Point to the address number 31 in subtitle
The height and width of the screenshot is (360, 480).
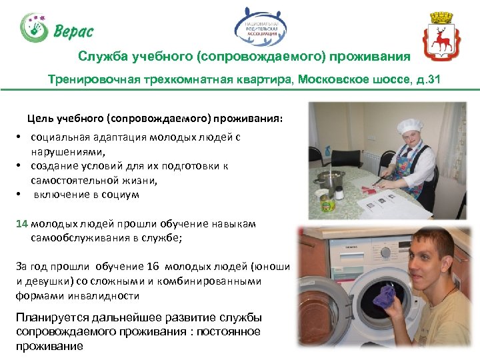pyautogui.click(x=433, y=80)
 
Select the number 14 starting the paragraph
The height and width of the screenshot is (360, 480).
pyautogui.click(x=22, y=224)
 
